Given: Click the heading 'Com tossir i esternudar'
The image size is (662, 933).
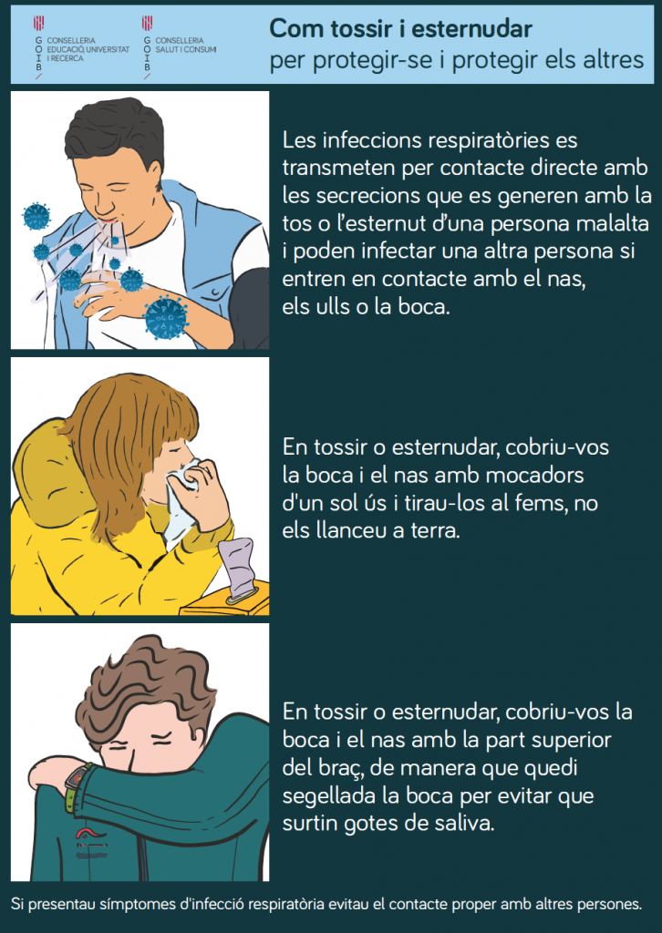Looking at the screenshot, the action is click(x=400, y=28).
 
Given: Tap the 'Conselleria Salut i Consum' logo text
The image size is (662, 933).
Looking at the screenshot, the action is click(x=186, y=46).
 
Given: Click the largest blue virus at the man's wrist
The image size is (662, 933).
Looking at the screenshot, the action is click(x=166, y=316).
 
